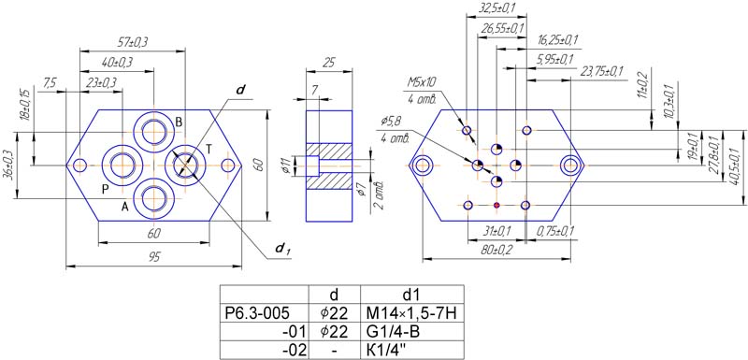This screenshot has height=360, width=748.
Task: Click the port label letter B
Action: point(179,122)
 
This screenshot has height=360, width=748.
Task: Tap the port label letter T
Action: point(209,150)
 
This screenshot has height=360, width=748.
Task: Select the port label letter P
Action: point(106,189)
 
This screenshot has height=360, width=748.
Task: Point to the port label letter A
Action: point(125,207)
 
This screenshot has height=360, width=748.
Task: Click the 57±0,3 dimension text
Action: point(132,42)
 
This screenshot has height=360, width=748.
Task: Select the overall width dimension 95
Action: point(153,257)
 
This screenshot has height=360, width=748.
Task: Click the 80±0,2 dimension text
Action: point(493,250)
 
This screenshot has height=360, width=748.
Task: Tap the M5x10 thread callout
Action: point(422,81)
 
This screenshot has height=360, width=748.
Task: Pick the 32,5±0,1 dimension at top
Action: point(496,8)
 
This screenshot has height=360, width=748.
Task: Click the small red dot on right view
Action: point(496,205)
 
